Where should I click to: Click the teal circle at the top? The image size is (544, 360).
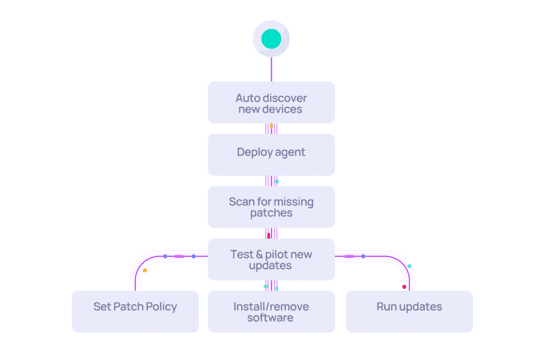272,38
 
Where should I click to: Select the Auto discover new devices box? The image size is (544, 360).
272,103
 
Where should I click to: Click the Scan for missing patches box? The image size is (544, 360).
272,208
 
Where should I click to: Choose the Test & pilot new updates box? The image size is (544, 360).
272,259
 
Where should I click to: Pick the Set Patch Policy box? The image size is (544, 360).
135,311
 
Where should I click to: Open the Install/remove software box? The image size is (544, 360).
272,311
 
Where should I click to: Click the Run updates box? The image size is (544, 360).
409,311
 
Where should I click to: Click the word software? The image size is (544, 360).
271,318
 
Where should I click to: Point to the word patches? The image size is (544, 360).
271,214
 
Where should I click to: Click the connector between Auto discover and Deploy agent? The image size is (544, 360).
272,129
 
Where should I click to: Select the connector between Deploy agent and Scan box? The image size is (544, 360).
272,181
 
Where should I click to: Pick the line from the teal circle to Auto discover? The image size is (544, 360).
272,69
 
